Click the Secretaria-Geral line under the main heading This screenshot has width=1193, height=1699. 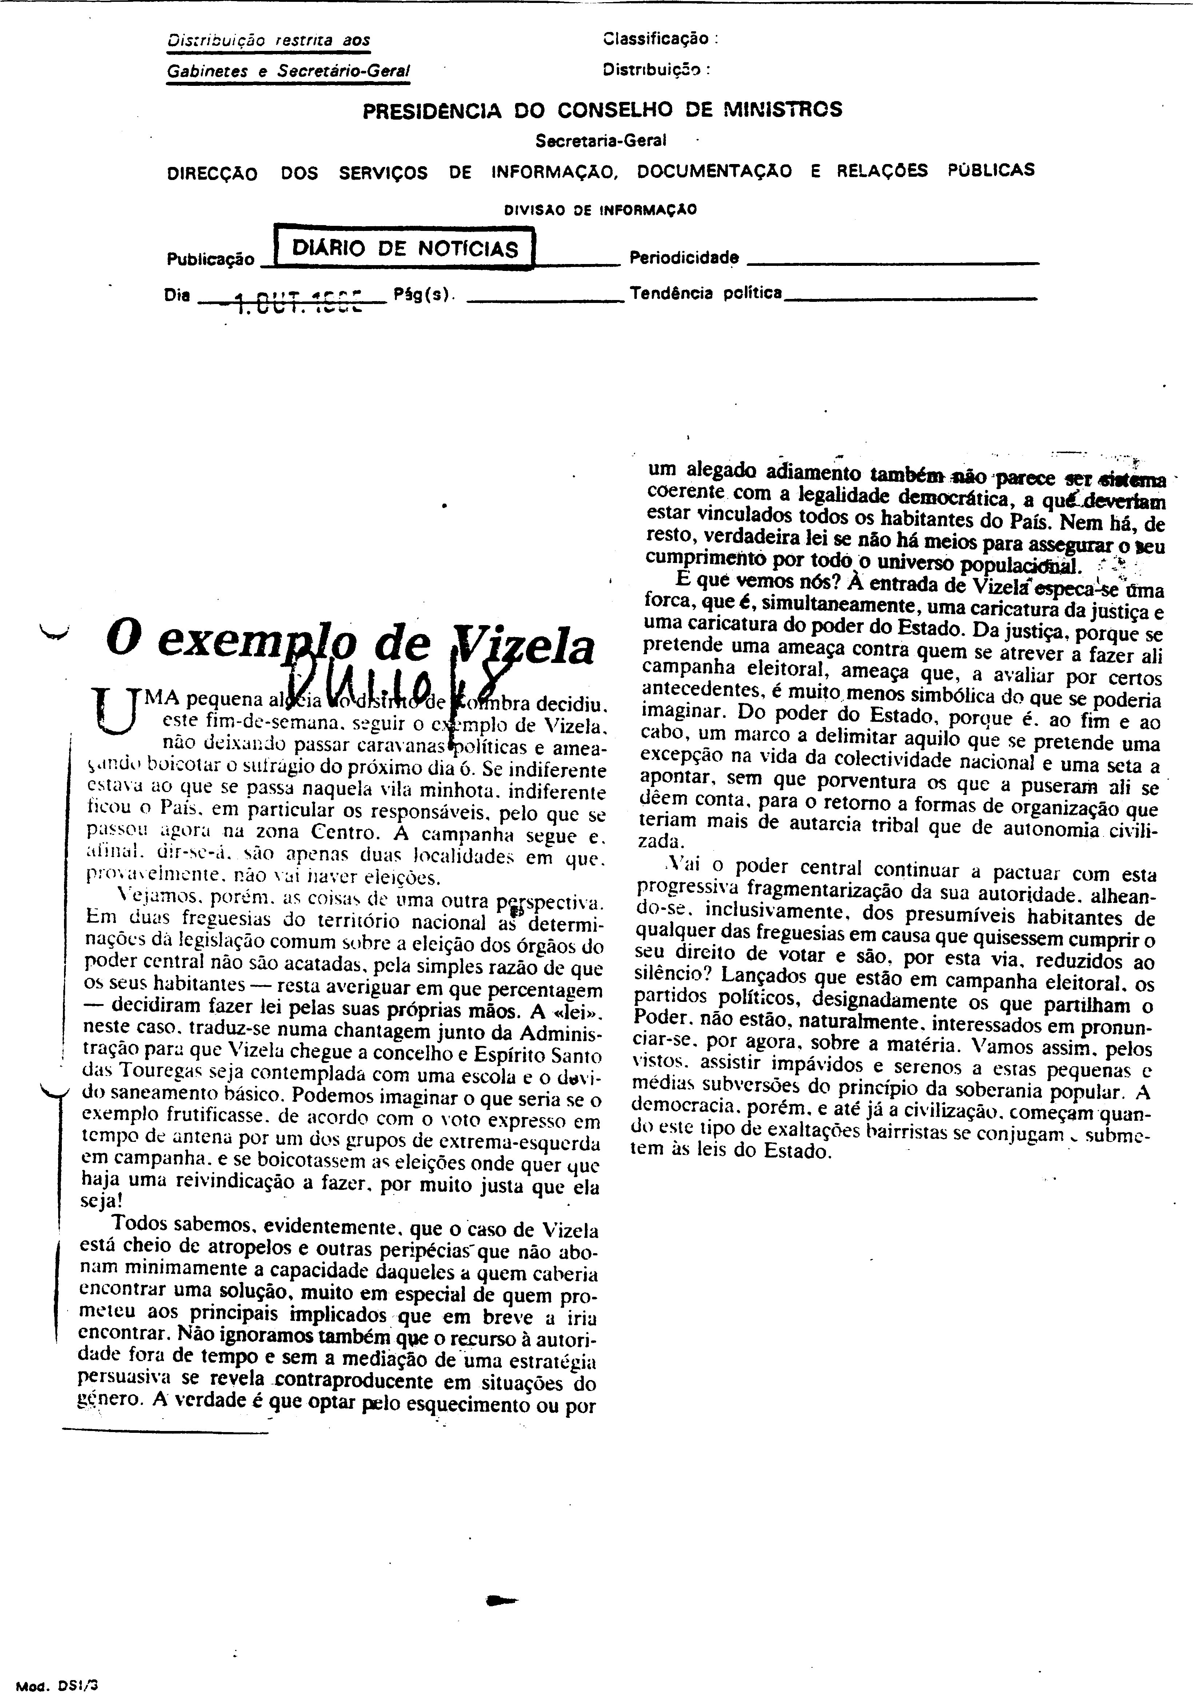[x=601, y=140]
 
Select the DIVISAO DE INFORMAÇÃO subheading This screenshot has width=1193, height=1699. [x=600, y=209]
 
